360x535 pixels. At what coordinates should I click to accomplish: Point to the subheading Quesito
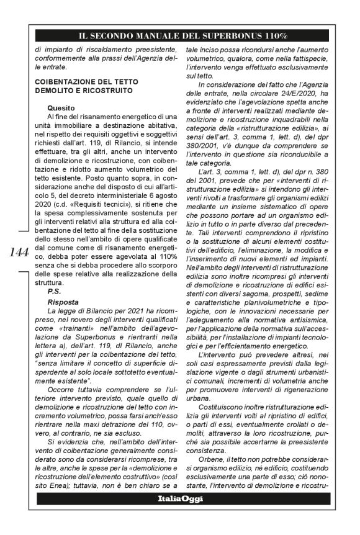tap(60, 106)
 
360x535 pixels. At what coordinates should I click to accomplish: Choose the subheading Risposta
tap(63, 301)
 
